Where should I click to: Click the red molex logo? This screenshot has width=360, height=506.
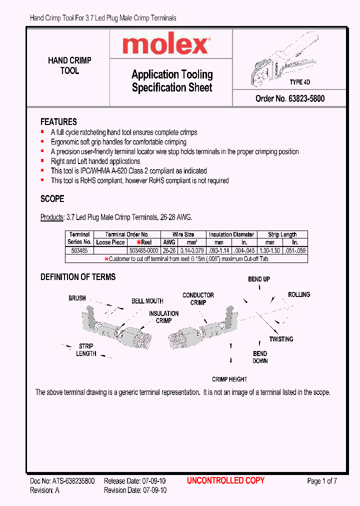click(165, 45)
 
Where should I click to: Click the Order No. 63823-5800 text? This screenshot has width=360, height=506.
click(289, 98)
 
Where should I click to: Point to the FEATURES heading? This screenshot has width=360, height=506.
click(58, 122)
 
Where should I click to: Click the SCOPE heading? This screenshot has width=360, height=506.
click(52, 198)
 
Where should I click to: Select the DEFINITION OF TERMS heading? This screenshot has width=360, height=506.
click(78, 277)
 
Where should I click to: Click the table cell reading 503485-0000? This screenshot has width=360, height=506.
click(143, 250)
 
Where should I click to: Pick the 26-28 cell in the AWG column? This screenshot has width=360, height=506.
click(169, 250)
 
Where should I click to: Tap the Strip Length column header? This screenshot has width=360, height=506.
click(282, 234)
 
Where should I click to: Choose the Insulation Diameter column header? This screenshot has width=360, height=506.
click(231, 234)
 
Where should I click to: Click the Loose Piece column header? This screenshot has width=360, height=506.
click(110, 242)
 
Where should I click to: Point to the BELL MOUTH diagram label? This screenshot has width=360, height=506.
click(147, 301)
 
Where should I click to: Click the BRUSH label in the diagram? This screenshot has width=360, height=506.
click(77, 298)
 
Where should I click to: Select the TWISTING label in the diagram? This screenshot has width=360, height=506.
click(281, 339)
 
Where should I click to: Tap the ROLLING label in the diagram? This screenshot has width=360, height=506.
click(299, 294)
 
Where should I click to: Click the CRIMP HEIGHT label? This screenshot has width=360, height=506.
click(229, 379)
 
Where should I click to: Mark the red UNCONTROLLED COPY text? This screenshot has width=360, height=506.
click(225, 481)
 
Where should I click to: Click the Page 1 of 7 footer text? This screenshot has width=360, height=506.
click(322, 481)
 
